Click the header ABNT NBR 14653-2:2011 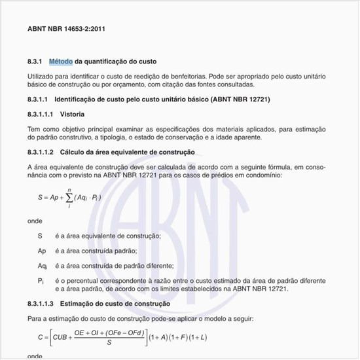(x=67, y=29)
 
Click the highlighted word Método (x=60, y=62)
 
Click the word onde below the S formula (x=35, y=221)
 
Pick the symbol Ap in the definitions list (x=42, y=251)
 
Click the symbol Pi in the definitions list (x=41, y=281)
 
